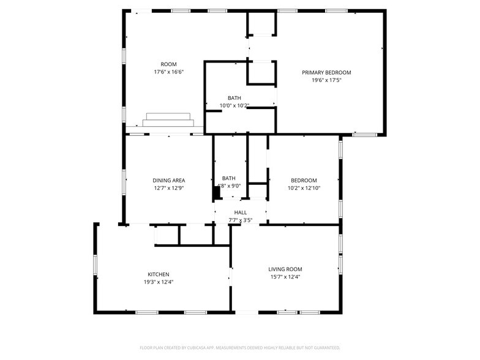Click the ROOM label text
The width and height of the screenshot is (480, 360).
[x=168, y=64]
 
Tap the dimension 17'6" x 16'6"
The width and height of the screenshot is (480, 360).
[x=168, y=72]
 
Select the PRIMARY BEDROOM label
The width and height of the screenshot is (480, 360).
[x=326, y=72]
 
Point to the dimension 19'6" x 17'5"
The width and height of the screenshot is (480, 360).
[x=326, y=80]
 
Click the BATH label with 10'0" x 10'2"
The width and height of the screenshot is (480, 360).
[x=234, y=98]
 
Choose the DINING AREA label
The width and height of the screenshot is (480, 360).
[x=168, y=180]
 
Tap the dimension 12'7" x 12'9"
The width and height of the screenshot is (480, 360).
[x=168, y=188]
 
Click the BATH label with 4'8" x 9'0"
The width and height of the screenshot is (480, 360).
[x=229, y=178]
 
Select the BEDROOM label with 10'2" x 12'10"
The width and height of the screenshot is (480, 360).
[x=304, y=180]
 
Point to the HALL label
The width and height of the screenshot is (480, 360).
[x=240, y=212]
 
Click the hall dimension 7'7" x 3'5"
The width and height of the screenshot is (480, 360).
[x=240, y=220]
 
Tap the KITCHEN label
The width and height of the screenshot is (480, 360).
[x=158, y=274]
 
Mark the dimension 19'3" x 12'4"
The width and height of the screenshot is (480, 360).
[x=158, y=282]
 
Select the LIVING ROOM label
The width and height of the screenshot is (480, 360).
[x=285, y=269]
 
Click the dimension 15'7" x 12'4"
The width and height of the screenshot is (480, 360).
[x=285, y=277]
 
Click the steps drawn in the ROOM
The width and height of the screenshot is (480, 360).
[x=168, y=120]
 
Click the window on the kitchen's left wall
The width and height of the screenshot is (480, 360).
[x=95, y=264]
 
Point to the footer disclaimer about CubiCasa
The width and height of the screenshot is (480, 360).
[x=239, y=348]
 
